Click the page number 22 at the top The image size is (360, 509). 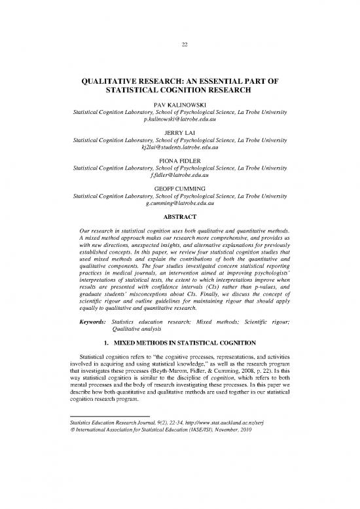pyautogui.click(x=180, y=45)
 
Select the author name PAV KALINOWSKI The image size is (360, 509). pyautogui.click(x=180, y=105)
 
